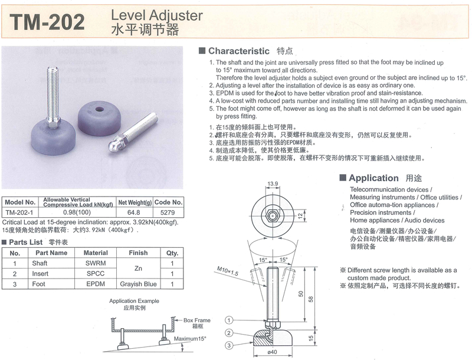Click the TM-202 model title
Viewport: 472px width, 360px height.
point(47,22)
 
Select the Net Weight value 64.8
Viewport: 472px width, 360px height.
point(134,212)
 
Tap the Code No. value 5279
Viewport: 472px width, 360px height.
point(168,212)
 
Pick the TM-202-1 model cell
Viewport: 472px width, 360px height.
point(19,212)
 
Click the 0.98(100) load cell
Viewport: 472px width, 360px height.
point(77,212)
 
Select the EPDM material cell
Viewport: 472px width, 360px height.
point(96,284)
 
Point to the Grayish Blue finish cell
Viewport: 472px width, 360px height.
point(138,284)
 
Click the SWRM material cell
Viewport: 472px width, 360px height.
point(96,263)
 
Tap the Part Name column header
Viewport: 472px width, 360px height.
point(51,253)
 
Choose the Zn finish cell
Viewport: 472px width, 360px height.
point(138,268)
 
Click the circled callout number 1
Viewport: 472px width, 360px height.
point(229,320)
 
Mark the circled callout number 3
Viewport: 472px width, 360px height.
point(229,345)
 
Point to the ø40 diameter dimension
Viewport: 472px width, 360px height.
point(272,352)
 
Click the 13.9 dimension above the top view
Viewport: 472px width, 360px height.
point(273,184)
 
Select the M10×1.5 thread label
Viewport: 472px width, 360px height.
point(228,271)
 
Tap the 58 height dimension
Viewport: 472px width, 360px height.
point(311,299)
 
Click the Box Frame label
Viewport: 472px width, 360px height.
point(197,320)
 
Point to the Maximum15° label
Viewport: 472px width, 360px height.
point(190,339)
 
